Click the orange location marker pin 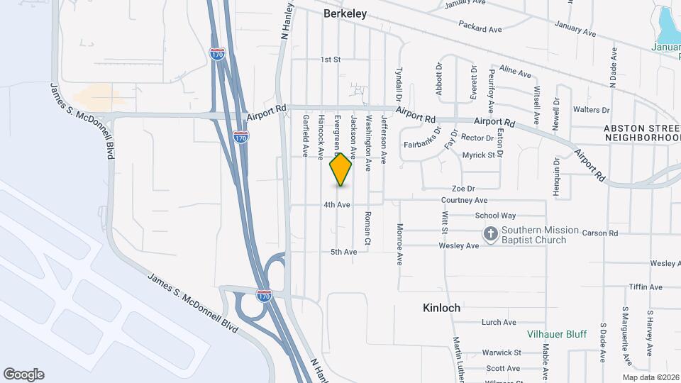click(x=340, y=170)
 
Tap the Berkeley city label click(x=344, y=13)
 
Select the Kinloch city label click(x=441, y=308)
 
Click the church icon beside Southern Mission click(x=490, y=233)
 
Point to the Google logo click(x=23, y=374)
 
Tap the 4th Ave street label click(x=337, y=205)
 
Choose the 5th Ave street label click(x=343, y=252)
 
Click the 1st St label click(x=331, y=60)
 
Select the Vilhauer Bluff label click(x=556, y=334)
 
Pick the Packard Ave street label click(x=480, y=29)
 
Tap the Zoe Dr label click(x=463, y=189)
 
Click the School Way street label click(x=495, y=216)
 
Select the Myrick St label click(x=477, y=155)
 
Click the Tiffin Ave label click(x=645, y=287)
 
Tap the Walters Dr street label click(x=591, y=110)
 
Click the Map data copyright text click(x=650, y=377)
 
